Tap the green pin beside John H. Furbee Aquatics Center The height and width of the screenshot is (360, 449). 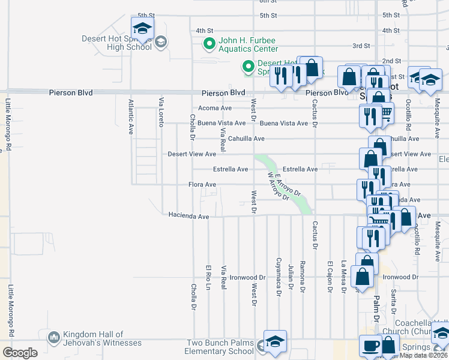pos(209,43)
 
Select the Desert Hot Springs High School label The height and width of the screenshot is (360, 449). pos(116,43)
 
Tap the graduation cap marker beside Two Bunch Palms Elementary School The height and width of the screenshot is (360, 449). pos(275,341)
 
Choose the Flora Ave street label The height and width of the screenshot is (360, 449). pos(202,184)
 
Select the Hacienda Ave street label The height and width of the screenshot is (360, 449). pos(188,215)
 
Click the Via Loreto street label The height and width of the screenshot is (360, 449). pos(161,112)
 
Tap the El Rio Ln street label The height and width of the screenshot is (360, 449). pos(208,278)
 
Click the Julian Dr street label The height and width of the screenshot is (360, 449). pos(291,278)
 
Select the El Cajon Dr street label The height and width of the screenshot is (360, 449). pos(330,277)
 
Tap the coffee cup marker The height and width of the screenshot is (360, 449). pos(370,346)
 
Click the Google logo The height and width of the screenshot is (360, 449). pos(20,353)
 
